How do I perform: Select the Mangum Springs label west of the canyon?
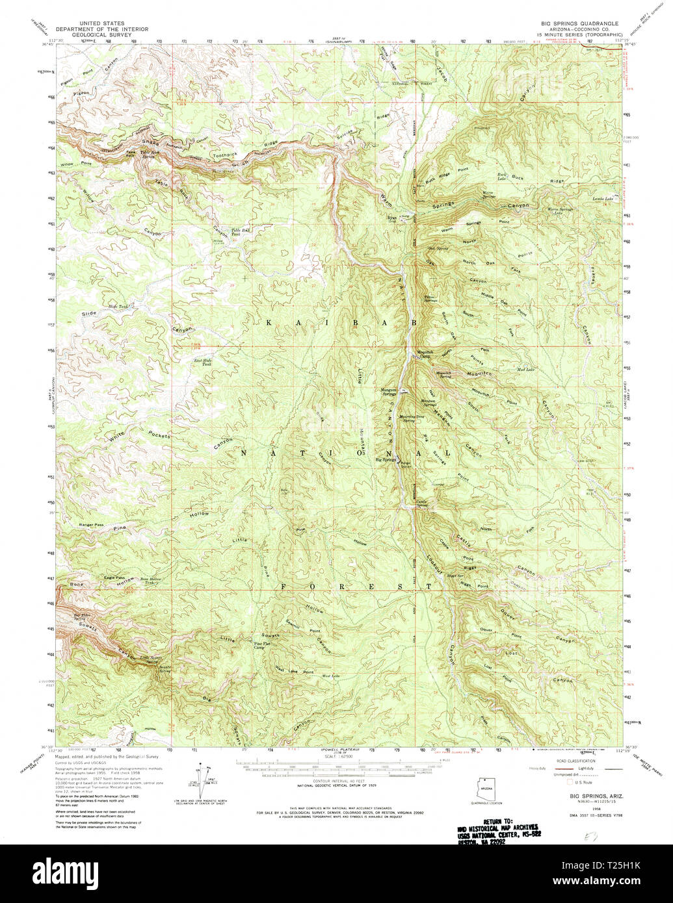click(389, 392)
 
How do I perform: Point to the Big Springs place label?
click(386, 460)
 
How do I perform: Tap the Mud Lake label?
click(525, 370)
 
